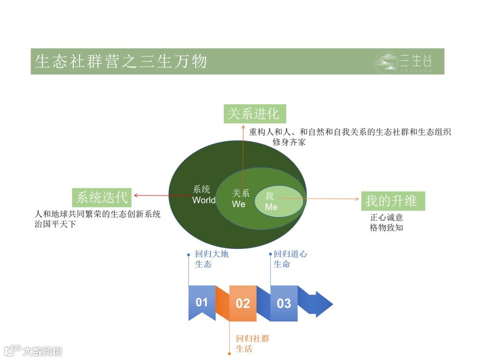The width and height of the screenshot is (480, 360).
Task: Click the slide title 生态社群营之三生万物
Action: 121,61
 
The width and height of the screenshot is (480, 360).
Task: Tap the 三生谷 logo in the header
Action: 403,62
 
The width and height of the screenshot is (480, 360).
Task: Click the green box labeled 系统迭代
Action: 102,197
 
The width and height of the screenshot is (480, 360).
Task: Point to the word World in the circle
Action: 204,200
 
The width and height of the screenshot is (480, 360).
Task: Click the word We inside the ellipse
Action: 239,204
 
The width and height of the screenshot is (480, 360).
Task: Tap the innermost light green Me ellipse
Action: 279,202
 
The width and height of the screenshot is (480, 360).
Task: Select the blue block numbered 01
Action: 202,303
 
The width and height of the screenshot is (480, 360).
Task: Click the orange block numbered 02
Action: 243,304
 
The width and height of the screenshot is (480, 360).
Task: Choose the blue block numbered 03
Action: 284,304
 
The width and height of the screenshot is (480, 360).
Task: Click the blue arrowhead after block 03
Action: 324,304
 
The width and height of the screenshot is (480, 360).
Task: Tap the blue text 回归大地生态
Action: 212,259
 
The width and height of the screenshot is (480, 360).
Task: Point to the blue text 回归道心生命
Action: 290,259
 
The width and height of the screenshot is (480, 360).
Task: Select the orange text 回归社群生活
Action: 252,344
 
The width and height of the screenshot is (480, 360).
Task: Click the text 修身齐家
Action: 289,142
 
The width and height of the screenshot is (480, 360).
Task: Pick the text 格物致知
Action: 386,228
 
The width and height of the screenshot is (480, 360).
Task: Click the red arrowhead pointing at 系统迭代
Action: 136,195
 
